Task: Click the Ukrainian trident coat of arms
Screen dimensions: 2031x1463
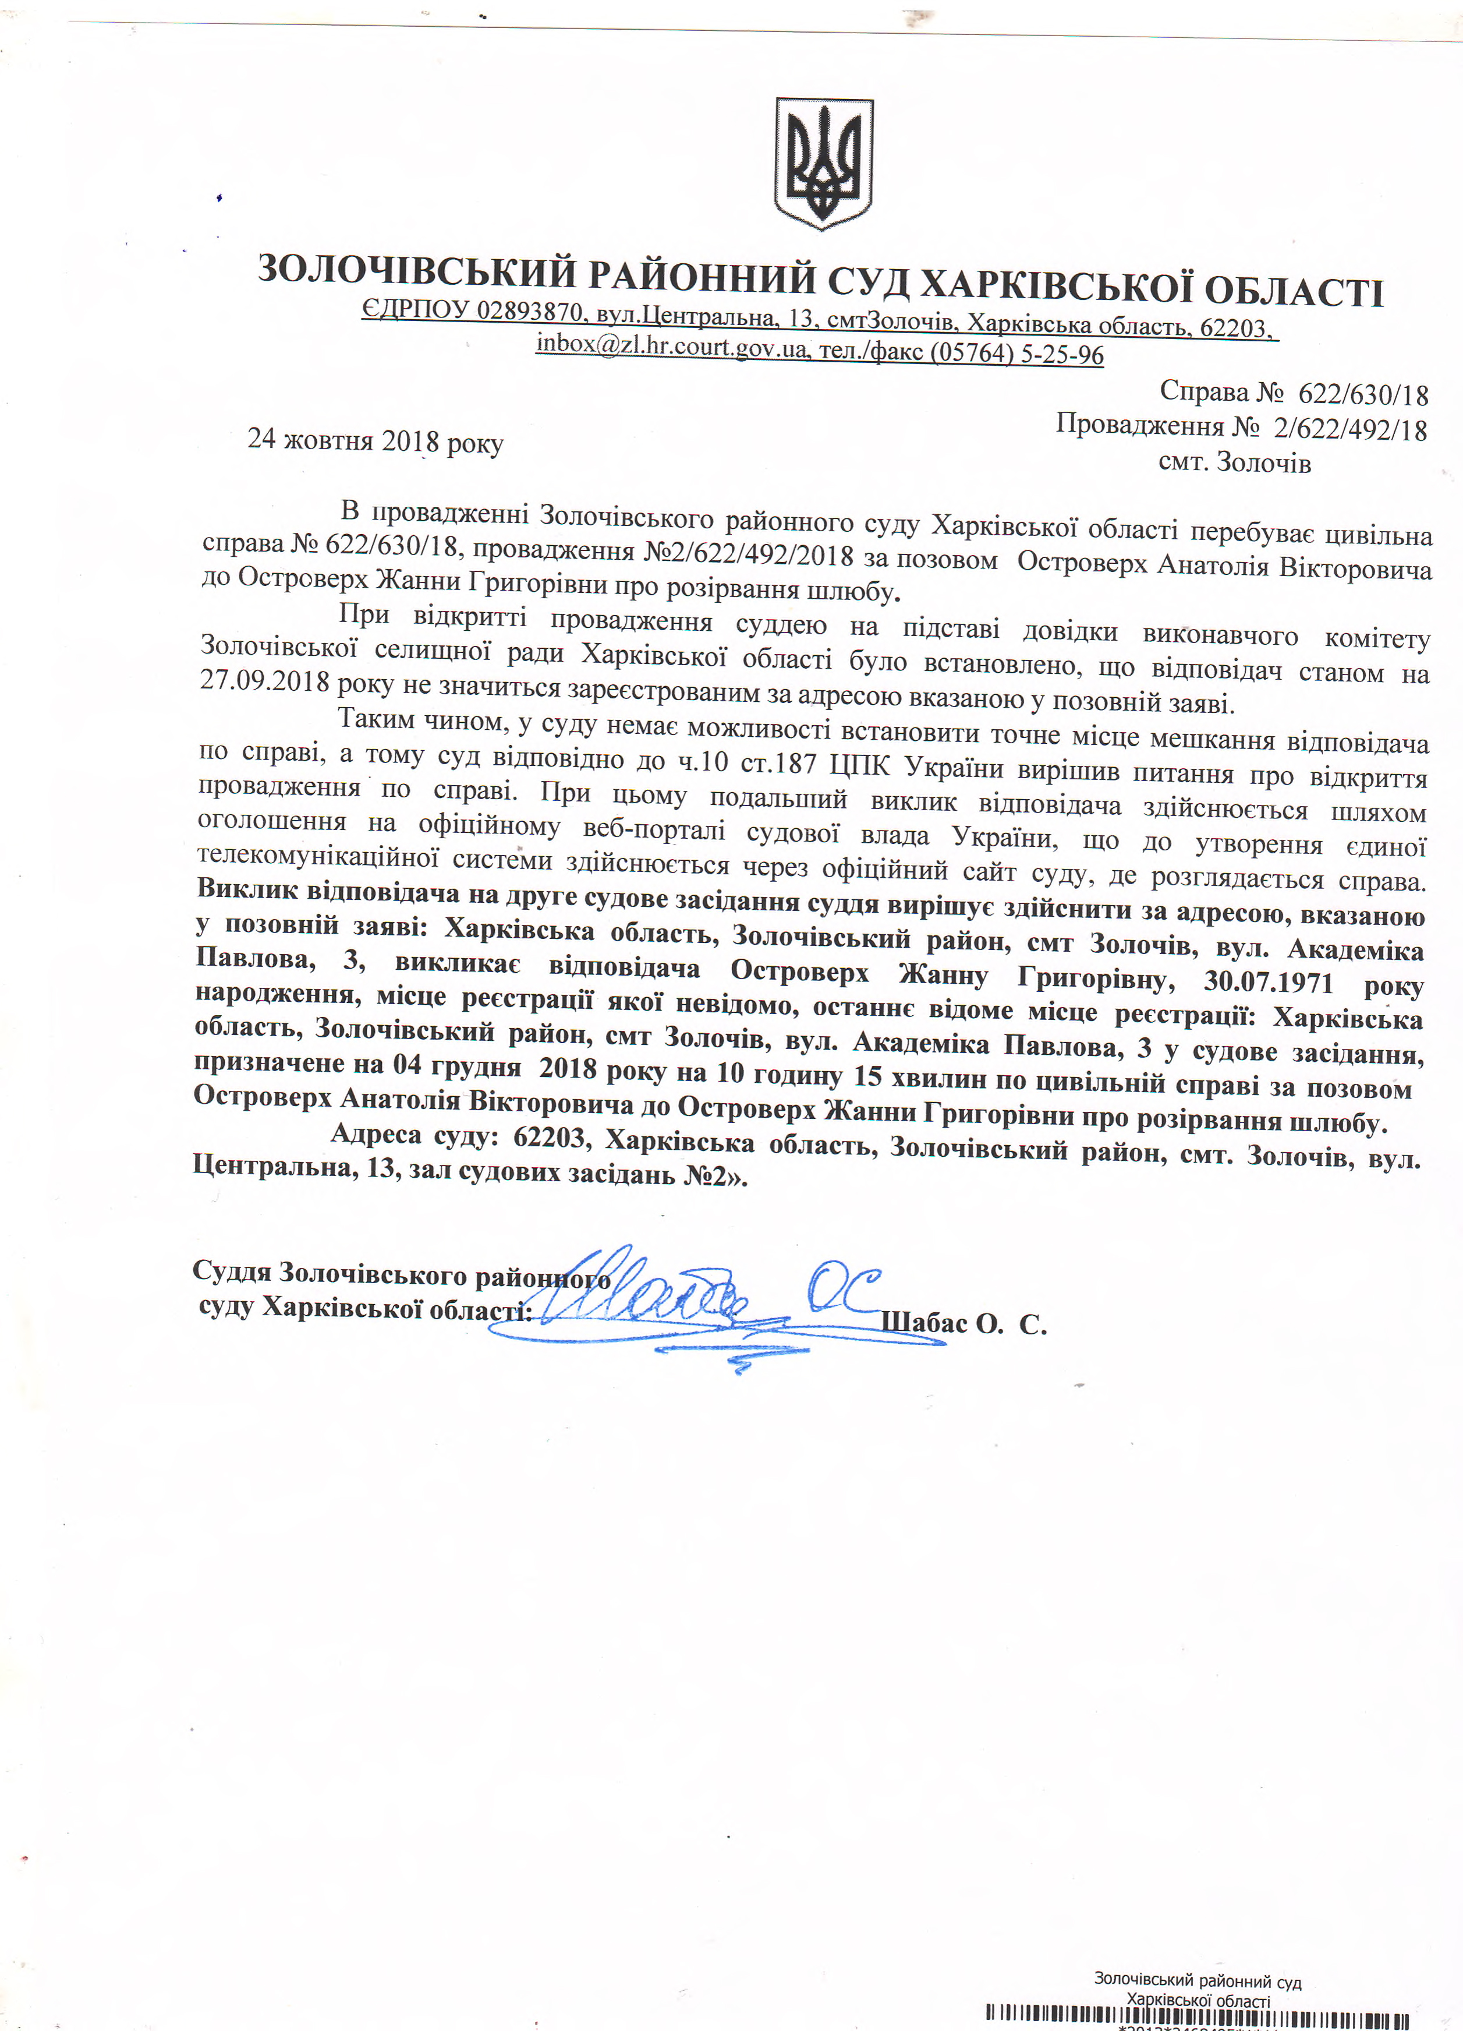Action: pos(823,163)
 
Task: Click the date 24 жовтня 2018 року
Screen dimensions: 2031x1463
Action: pos(375,440)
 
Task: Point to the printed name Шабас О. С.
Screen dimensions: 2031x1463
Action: pos(963,1323)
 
